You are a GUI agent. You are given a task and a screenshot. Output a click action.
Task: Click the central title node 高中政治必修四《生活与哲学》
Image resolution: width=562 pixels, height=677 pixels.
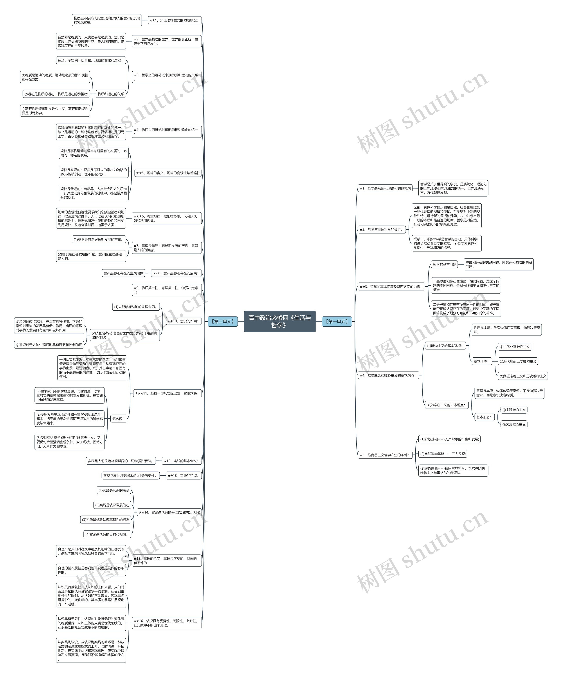tap(279, 321)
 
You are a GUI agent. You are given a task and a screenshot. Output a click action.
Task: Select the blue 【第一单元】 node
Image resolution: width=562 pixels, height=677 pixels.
tap(337, 321)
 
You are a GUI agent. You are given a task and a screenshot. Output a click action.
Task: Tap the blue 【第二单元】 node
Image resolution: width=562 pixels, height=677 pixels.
tap(222, 321)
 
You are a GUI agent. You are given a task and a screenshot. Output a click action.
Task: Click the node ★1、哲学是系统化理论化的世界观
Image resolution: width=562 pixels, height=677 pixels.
tap(385, 188)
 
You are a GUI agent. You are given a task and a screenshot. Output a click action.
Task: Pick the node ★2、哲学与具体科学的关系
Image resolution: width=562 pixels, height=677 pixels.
tap(382, 230)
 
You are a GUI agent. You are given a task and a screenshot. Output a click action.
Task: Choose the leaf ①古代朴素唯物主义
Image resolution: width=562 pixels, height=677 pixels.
tap(515, 347)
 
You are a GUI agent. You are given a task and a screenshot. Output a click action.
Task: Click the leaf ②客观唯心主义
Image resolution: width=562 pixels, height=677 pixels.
tap(514, 424)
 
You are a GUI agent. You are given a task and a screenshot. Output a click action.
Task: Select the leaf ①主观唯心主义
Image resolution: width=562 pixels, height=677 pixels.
tap(514, 410)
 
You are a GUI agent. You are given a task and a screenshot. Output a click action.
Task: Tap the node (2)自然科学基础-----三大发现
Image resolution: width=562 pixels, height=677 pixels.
tap(442, 454)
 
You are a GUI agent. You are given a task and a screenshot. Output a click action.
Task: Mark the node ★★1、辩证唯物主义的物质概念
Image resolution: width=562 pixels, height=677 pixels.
tap(174, 20)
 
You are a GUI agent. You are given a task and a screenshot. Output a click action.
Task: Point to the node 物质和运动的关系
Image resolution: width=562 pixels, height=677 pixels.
tap(110, 94)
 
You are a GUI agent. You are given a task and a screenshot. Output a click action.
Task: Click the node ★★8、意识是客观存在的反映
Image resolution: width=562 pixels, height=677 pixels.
tap(176, 273)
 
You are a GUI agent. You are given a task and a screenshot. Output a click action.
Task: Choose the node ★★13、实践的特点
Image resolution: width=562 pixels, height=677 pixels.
tap(183, 476)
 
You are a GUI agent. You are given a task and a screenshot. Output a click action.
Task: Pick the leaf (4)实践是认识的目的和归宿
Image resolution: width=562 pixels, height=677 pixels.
tap(107, 534)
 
